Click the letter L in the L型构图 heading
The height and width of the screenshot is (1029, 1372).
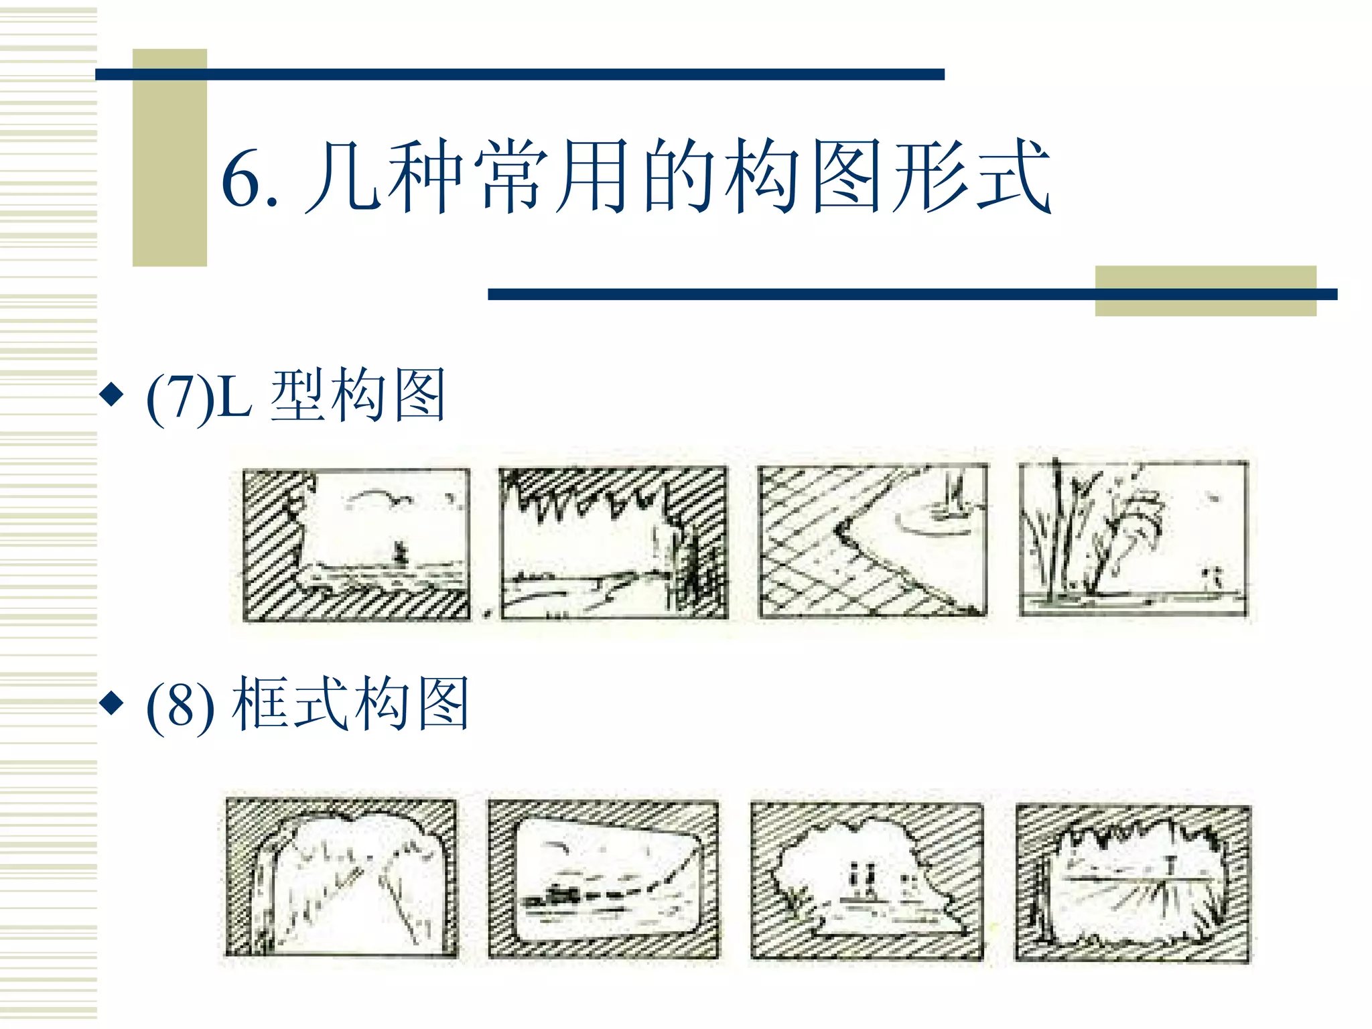tap(234, 397)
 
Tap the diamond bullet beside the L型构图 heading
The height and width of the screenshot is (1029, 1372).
tap(111, 395)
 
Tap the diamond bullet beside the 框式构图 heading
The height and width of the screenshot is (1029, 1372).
tap(111, 703)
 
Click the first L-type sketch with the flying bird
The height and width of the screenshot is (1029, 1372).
tap(356, 545)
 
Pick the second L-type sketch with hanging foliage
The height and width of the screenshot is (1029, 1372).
tap(614, 543)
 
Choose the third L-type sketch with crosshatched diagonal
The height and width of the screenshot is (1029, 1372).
tap(872, 541)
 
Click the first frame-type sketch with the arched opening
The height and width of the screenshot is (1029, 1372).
tap(341, 878)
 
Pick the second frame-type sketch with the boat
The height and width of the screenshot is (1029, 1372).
tap(603, 879)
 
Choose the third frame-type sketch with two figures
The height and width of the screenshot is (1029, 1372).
tap(866, 882)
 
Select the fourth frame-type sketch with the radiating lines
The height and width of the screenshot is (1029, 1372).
tap(1132, 884)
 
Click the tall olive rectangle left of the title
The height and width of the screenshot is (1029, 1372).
tap(169, 158)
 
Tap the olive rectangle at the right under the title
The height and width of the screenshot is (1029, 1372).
tap(1205, 291)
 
